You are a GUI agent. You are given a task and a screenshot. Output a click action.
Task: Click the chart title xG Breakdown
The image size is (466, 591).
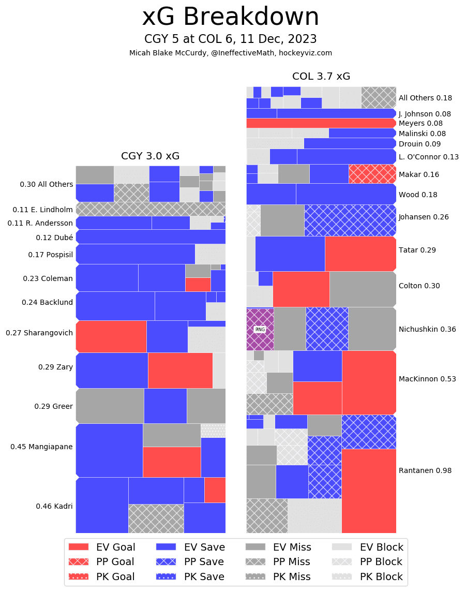point(231,17)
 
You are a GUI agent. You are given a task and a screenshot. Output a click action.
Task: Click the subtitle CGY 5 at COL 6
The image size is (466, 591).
point(231,39)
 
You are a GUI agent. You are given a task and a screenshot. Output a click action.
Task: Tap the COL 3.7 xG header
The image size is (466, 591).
point(321,77)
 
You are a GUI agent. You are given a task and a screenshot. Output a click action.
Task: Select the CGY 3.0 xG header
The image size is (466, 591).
point(150,156)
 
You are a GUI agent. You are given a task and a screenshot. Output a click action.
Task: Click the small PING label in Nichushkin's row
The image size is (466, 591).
point(260,329)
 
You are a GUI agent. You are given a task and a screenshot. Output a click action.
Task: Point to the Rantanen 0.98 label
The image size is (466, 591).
point(425,470)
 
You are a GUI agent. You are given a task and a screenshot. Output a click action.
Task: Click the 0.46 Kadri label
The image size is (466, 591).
point(54,506)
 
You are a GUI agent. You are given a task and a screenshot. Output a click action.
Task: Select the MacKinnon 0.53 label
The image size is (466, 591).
point(427,379)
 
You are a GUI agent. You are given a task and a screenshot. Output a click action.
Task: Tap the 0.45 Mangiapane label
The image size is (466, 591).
point(41,447)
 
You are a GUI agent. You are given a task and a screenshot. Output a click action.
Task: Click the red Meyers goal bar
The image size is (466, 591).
point(321,123)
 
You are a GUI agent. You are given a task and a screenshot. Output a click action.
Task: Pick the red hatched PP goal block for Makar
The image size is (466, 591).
point(372,174)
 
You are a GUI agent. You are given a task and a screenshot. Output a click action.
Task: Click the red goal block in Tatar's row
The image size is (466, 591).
point(360,254)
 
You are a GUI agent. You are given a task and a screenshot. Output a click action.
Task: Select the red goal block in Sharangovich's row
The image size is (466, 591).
point(111,336)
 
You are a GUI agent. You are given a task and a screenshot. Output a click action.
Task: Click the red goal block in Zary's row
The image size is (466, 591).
point(180,370)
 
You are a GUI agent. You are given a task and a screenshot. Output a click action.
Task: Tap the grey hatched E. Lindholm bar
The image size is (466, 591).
point(150,209)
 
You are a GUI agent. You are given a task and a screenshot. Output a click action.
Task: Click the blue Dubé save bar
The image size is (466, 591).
point(150,237)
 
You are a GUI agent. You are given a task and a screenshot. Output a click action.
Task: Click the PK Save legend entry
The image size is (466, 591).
point(190,577)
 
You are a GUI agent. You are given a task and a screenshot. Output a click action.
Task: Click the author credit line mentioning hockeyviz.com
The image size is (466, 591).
point(231,53)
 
